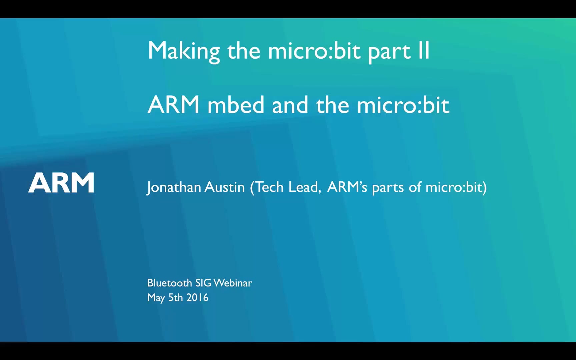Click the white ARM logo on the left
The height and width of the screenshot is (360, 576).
(61, 183)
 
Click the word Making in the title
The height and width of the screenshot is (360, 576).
(184, 51)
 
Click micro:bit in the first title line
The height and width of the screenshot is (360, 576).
(314, 51)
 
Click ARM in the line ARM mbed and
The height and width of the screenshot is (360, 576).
(173, 105)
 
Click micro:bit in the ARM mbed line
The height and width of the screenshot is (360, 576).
(403, 105)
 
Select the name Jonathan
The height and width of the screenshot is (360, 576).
(174, 187)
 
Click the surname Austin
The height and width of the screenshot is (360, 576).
(225, 187)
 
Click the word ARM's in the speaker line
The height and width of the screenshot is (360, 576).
(347, 187)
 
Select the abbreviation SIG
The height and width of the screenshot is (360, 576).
(203, 283)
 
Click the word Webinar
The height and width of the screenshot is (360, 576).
(233, 283)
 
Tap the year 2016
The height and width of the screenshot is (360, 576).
(197, 297)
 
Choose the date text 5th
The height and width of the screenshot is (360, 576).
(175, 297)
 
